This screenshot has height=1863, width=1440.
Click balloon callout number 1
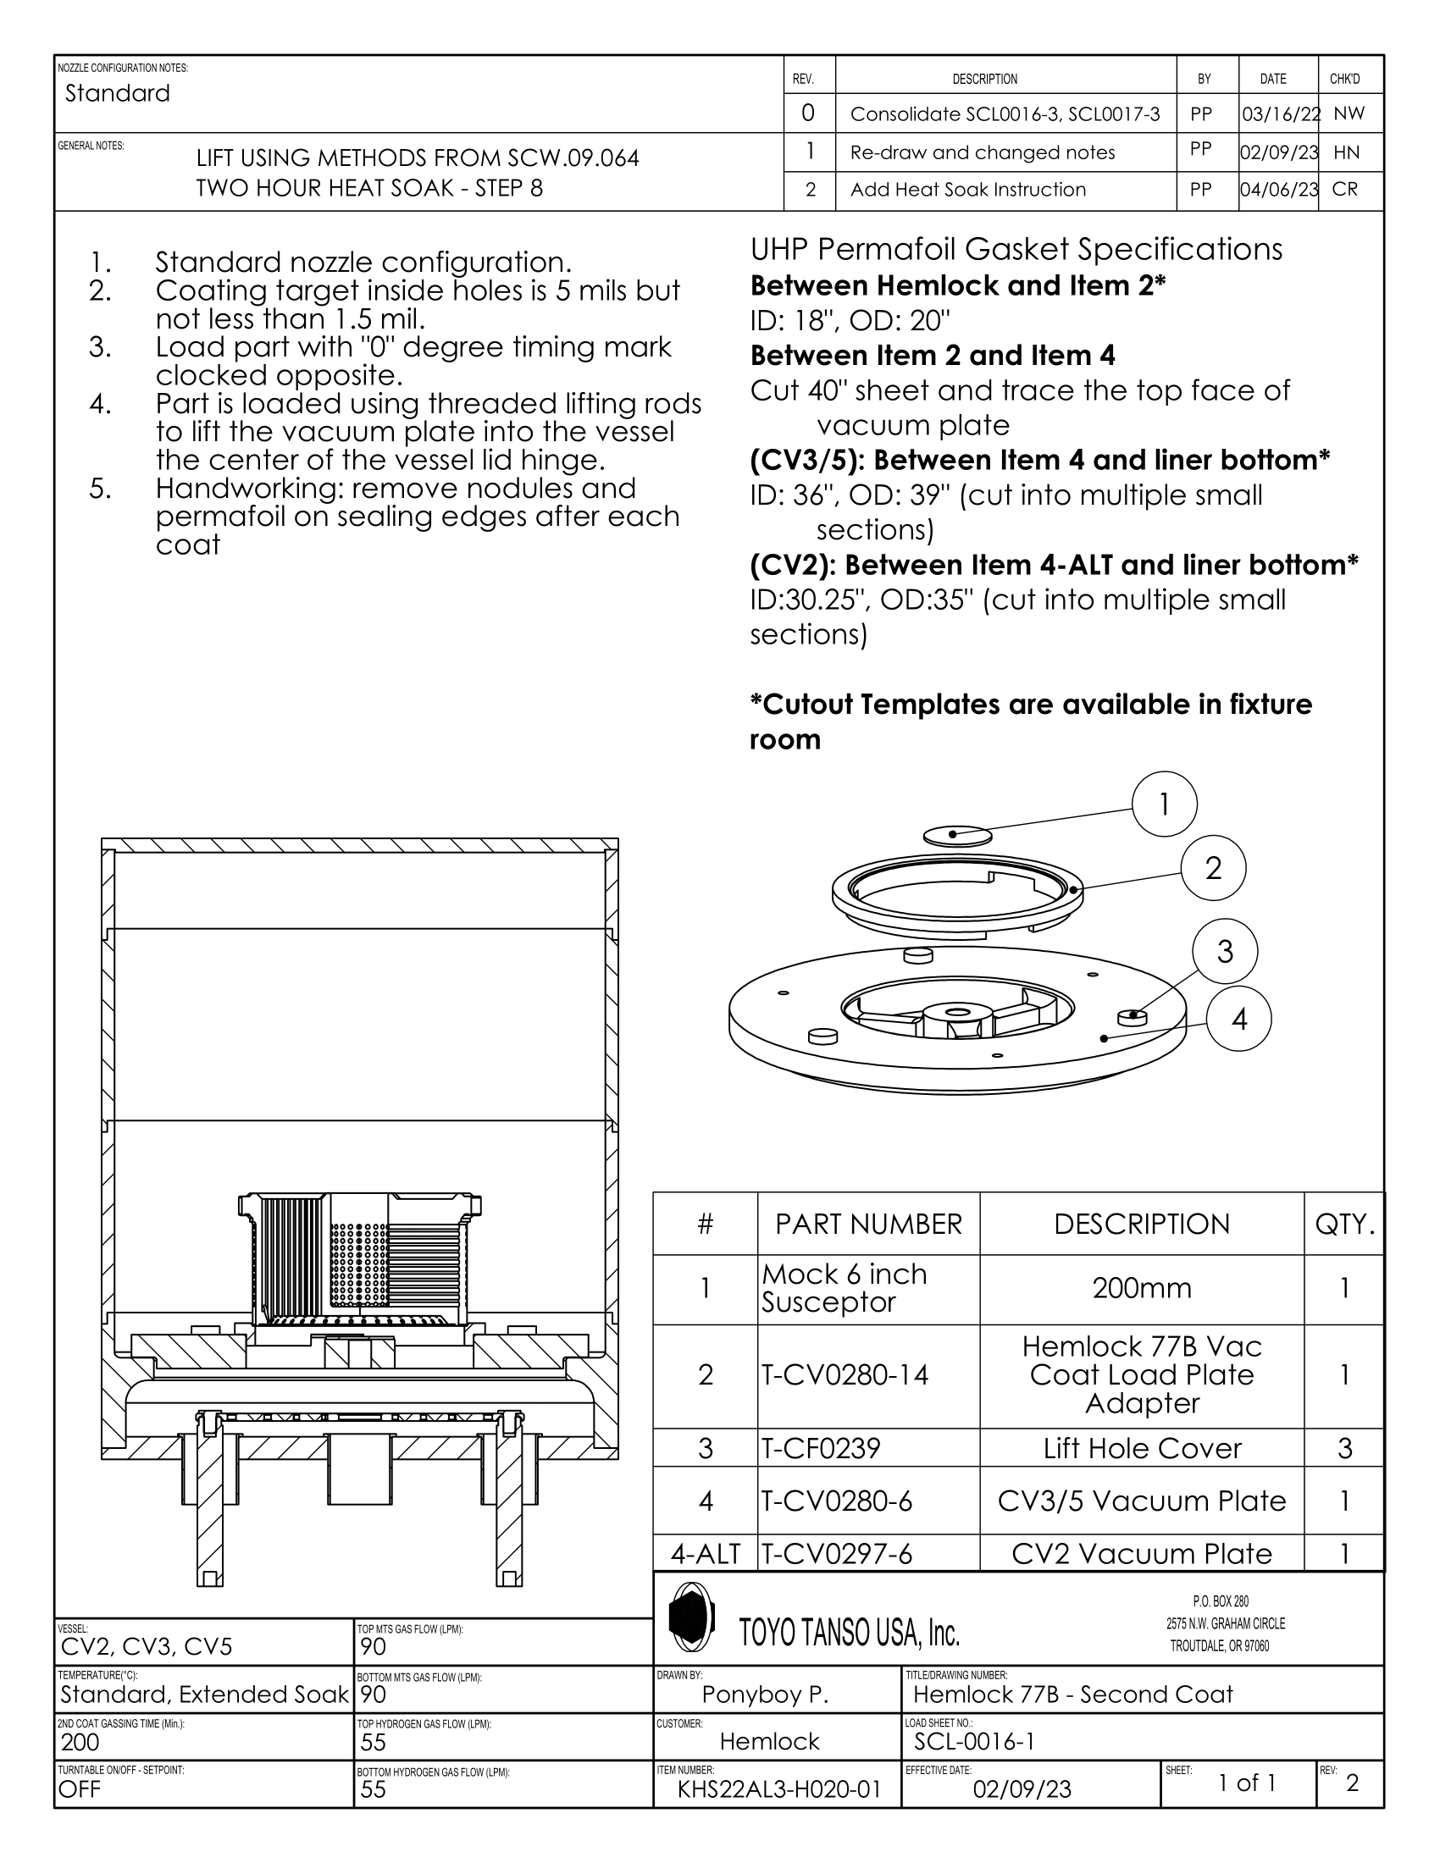1165,804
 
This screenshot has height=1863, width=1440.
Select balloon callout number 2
1213,868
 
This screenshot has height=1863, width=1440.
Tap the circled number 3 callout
1225,951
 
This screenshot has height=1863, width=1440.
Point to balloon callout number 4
1238,1019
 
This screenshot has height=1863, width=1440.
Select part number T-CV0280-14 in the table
845,1374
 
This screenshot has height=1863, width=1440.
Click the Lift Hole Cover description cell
1142,1447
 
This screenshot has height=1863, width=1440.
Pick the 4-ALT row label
705,1553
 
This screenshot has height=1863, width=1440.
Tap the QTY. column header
1344,1225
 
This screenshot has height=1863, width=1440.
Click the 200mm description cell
1142,1287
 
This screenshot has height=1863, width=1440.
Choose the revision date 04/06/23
1279,190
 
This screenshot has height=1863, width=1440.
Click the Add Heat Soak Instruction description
967,190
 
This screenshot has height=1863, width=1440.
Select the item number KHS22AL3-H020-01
778,1788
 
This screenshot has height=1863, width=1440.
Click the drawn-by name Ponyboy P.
765,1694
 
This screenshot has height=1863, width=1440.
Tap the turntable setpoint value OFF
80,1788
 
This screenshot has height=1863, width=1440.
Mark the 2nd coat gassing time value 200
80,1741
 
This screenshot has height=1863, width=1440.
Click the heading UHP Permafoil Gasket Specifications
1016,249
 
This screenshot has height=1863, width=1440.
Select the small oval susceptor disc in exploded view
957,834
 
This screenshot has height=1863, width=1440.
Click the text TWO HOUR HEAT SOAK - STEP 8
369,188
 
